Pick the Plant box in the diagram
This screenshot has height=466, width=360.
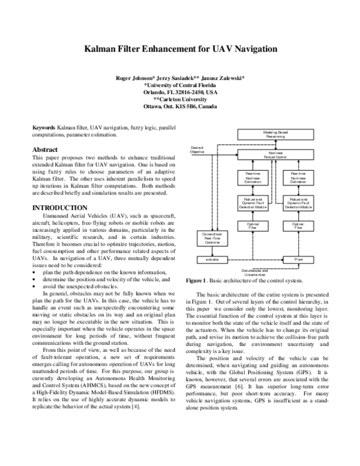click(298, 259)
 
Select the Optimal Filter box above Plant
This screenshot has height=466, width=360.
click(298, 225)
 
